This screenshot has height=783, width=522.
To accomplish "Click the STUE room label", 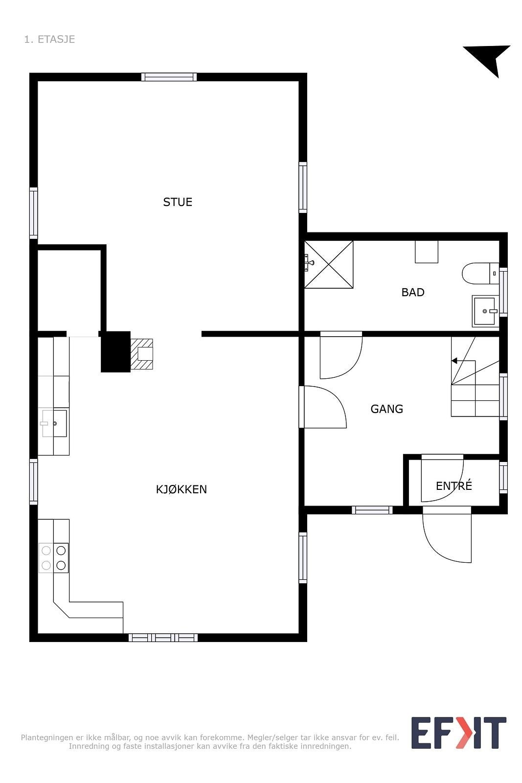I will tap(178, 202).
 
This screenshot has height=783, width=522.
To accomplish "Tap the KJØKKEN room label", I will tap(182, 489).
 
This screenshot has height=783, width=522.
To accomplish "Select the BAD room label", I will tap(413, 292).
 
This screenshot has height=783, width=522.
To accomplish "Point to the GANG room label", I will tap(386, 409).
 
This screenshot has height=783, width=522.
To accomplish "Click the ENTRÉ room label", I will tap(454, 486).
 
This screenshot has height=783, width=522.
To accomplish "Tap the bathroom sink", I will tap(485, 311).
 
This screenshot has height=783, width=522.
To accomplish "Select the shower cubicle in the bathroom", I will tap(328, 264).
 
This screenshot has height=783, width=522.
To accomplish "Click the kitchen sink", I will tap(54, 423).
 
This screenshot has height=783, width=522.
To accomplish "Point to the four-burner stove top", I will tap(54, 558).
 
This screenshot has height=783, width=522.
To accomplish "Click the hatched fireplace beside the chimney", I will tap(142, 354).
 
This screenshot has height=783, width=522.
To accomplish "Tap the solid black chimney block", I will tap(115, 351).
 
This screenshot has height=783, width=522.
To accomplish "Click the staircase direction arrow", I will tap(455, 361).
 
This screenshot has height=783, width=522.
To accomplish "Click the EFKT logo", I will tap(458, 733).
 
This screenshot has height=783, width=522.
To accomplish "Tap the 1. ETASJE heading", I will tap(49, 39).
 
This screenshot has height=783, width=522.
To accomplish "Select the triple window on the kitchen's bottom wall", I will tap(163, 637).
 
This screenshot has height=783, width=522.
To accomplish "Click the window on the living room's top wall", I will tap(169, 77).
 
